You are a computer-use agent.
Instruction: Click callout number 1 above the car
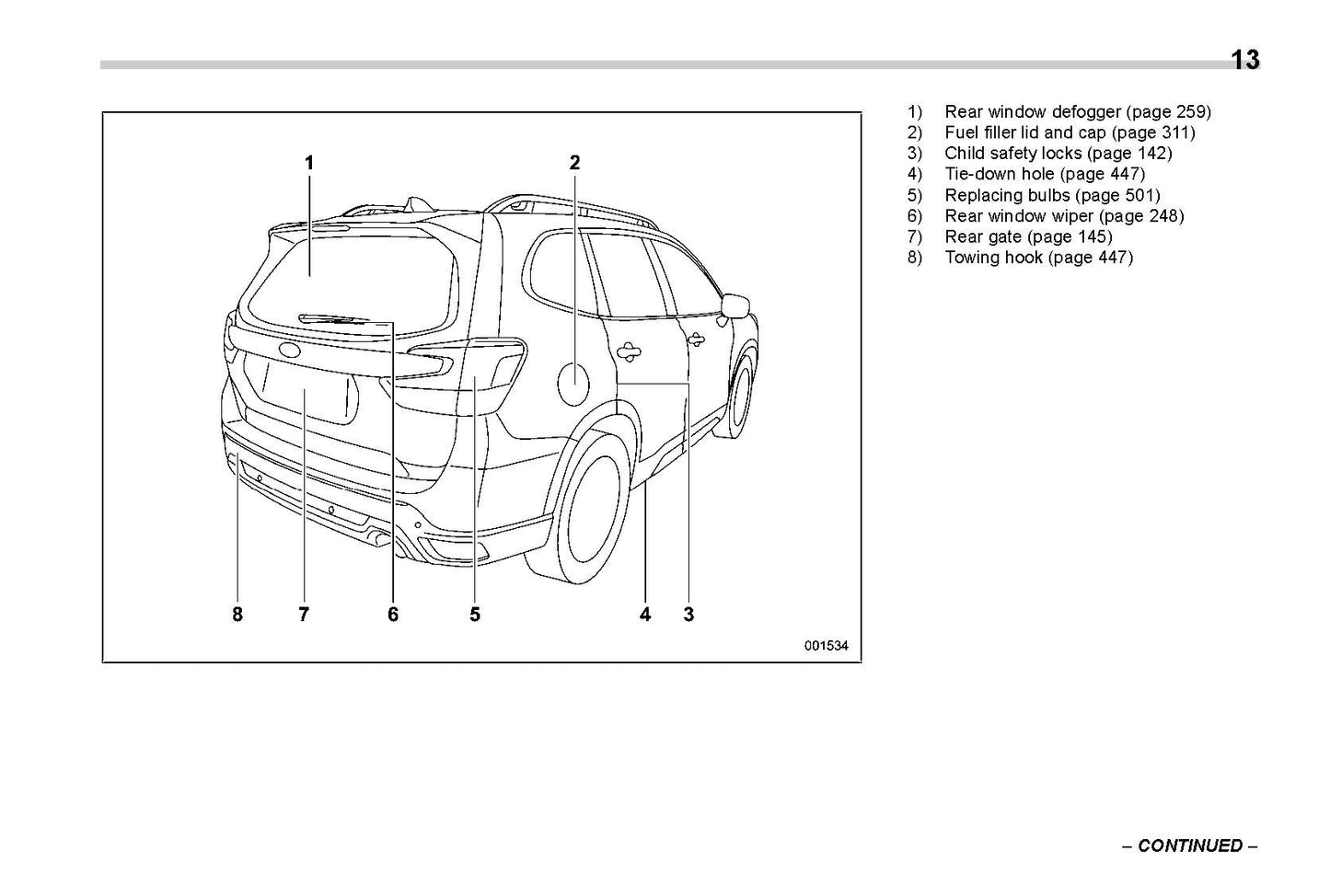[309, 163]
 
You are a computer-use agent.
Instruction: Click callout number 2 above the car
[574, 163]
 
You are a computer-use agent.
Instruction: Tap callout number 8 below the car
[237, 614]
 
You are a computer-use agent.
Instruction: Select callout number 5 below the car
[475, 614]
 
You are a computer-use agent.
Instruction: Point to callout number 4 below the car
[645, 614]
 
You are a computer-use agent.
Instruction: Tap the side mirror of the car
[736, 305]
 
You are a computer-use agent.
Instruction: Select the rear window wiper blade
[333, 318]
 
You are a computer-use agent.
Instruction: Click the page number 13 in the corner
[1244, 61]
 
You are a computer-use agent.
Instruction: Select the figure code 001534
[826, 646]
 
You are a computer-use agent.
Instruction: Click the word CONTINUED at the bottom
[1190, 846]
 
